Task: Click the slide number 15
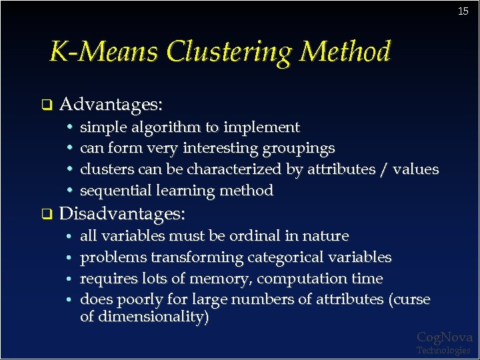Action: [463, 11]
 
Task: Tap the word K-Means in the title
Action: [105, 52]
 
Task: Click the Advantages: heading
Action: [111, 105]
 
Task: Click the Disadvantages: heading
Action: [123, 214]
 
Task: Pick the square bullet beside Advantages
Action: [46, 105]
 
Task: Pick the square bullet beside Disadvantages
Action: [46, 215]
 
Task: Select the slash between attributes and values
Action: [383, 169]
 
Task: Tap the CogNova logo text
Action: [444, 337]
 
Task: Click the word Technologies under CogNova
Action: [443, 350]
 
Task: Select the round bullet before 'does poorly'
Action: [70, 299]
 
